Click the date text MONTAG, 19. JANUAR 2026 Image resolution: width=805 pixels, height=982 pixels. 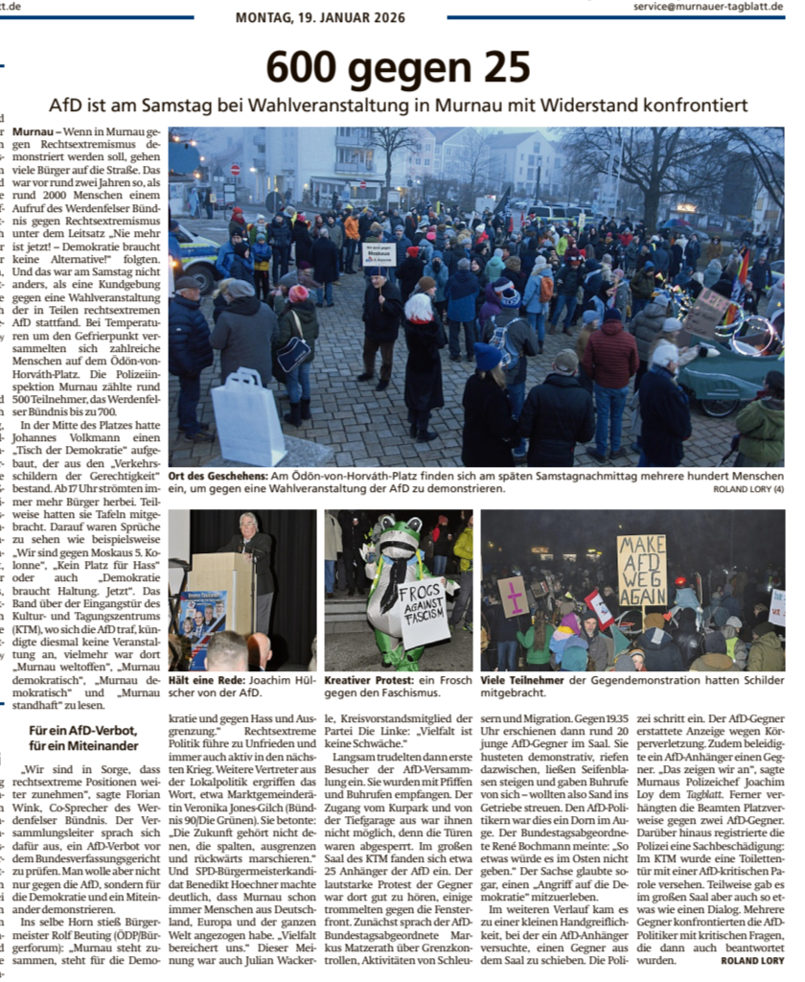[x=320, y=17]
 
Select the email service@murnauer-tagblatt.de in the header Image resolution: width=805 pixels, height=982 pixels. [x=709, y=6]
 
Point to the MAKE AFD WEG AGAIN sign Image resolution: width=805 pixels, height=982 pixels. [x=641, y=570]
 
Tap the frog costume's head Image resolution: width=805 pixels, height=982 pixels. [x=396, y=539]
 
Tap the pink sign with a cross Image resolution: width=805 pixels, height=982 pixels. [x=513, y=596]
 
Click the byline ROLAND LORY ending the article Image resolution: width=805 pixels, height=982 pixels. [x=753, y=961]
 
